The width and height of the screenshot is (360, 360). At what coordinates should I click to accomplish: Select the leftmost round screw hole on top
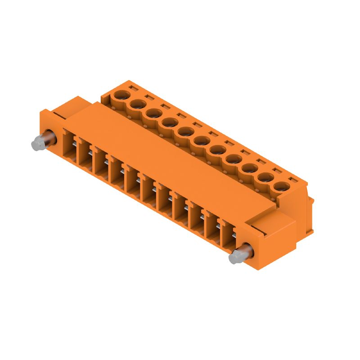click(121, 95)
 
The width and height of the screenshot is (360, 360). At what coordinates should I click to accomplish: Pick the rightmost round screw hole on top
click(282, 186)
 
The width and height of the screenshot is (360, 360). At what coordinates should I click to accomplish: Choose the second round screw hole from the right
click(266, 177)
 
